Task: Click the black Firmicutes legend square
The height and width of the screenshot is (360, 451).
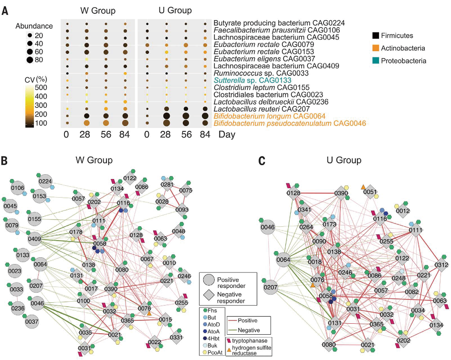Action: pos(375,35)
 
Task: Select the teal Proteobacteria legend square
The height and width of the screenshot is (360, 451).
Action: pos(375,61)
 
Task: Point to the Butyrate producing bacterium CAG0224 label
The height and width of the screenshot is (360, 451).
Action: pos(279,23)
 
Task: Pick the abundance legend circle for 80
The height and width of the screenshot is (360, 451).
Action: pos(30,60)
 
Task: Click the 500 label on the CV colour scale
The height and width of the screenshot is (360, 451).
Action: pos(41,87)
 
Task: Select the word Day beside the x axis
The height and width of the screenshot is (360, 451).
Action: pos(227,134)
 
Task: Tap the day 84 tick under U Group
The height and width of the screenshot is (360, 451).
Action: pos(205,134)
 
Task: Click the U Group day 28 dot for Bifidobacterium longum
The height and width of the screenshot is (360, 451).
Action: pos(166,116)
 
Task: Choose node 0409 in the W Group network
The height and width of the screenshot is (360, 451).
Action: pos(34,239)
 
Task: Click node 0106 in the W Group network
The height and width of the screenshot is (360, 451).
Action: pos(18,188)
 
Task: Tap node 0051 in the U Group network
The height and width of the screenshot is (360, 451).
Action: pos(370,191)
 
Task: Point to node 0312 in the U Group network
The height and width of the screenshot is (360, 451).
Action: pos(441,265)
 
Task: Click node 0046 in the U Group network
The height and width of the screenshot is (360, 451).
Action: pos(268,227)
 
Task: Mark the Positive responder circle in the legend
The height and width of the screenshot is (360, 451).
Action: pos(209,280)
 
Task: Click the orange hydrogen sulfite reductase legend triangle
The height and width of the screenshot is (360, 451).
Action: pos(229,349)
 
